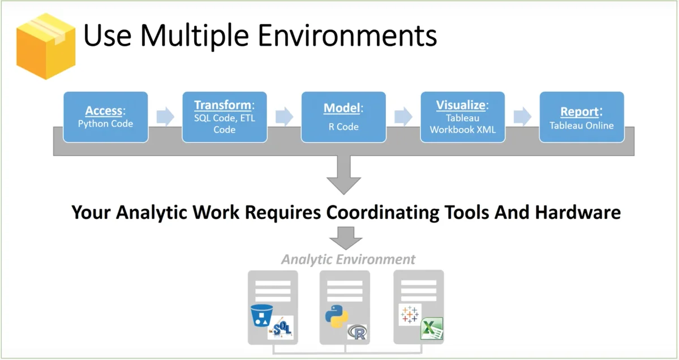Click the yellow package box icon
click(45, 45)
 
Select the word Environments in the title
click(347, 36)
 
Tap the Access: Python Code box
click(106, 117)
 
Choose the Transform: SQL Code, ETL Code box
click(225, 117)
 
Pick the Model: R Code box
click(343, 117)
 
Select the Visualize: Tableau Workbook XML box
click(463, 117)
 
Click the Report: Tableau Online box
click(582, 117)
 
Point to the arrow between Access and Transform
click(165, 117)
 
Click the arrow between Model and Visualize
click(403, 117)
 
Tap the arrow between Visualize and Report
click(522, 117)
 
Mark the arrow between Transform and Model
click(284, 117)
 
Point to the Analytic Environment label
click(348, 259)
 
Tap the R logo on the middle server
click(357, 332)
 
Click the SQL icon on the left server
click(281, 328)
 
